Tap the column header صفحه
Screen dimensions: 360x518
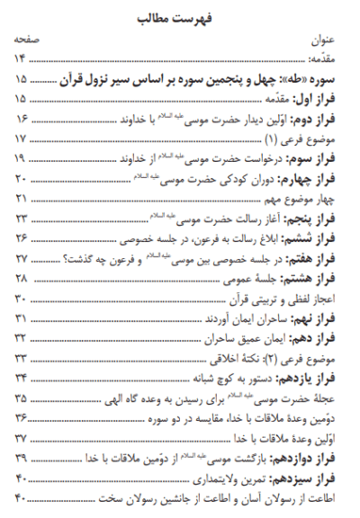(25, 41)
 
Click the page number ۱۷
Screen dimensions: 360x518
(21, 139)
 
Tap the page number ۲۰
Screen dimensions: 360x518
(21, 179)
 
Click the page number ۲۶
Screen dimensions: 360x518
(21, 238)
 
